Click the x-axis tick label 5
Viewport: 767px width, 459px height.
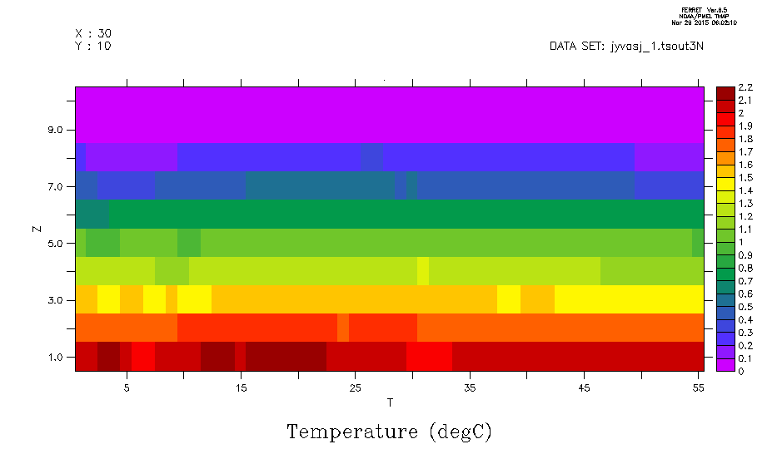127,387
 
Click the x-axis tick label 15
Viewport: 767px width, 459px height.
241,387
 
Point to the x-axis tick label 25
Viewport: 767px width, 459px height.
355,387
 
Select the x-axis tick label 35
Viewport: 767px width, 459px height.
470,387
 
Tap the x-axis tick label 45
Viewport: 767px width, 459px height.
584,387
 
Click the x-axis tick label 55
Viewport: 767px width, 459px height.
698,387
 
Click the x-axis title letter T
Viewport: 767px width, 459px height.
390,403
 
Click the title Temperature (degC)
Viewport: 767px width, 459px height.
390,432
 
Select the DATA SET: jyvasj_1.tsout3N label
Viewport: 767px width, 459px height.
627,47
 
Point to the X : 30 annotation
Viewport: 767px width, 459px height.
93,33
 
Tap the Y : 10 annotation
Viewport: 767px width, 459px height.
93,46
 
